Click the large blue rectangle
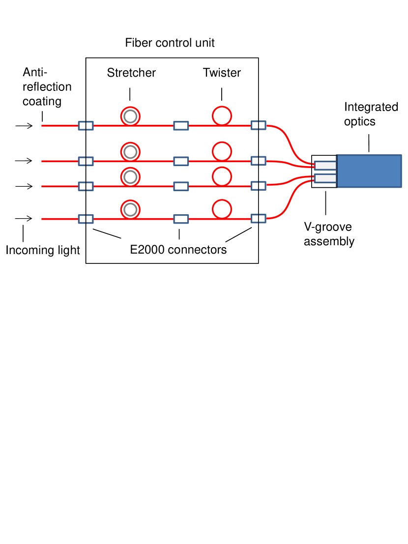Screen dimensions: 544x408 coord(369,171)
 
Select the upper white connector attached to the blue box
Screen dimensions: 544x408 coord(325,166)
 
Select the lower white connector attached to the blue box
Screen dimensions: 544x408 coord(325,178)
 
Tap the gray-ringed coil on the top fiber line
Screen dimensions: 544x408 coord(130,116)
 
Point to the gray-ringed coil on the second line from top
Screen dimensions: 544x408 coord(130,152)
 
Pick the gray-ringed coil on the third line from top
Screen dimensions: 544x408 coord(130,177)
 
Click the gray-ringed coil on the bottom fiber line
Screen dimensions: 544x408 coord(130,210)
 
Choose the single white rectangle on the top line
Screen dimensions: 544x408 coord(181,126)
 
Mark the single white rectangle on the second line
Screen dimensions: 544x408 coord(181,161)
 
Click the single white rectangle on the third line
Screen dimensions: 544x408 coord(181,186)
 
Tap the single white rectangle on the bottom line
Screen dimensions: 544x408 coord(181,219)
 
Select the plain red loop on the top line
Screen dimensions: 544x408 coord(222,116)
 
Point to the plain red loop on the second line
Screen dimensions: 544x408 coord(222,151)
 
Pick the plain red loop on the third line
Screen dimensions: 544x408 coord(222,176)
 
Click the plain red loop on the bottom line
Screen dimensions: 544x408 coord(222,209)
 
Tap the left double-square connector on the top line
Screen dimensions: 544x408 coord(86,126)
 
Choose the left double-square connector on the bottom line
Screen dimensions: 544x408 coord(86,219)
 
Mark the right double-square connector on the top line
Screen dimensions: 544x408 coord(259,125)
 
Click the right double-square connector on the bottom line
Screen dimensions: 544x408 coord(259,218)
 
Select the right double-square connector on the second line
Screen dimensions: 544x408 coord(259,161)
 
